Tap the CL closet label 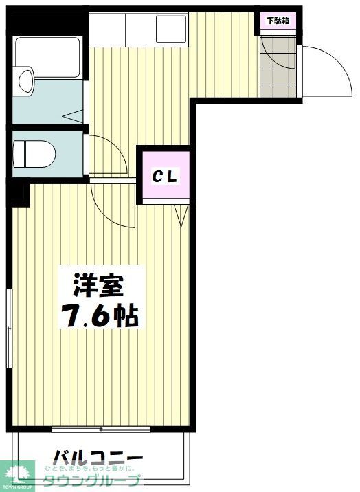(x=165, y=176)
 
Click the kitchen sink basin (x=170, y=28)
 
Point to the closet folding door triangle (x=181, y=214)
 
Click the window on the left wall (x=10, y=323)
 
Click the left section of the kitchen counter (x=106, y=28)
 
